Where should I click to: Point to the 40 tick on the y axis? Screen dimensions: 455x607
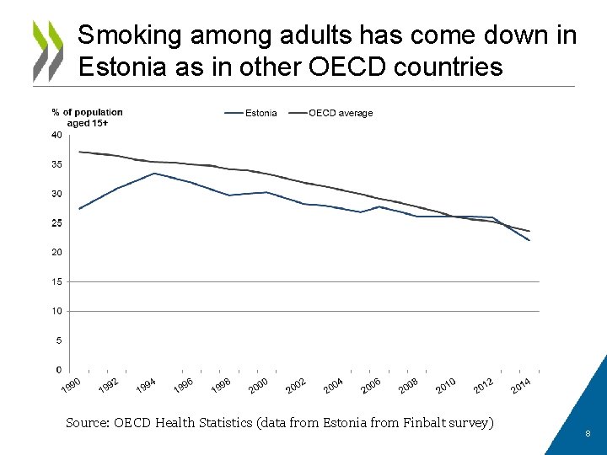56,135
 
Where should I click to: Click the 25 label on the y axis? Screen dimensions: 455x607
56,223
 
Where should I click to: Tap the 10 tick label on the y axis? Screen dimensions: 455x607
56,311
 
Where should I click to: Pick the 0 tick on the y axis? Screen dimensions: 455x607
58,370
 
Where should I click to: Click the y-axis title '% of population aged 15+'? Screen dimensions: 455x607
87,117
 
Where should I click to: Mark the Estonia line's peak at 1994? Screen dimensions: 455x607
153,174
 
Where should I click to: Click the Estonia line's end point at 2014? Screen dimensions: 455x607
529,241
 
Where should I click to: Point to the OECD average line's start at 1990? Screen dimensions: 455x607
78,152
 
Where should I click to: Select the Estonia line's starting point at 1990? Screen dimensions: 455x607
78,209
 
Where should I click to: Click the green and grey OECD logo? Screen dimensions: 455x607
47,51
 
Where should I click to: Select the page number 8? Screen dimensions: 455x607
588,434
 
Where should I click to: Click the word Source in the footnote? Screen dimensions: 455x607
87,423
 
